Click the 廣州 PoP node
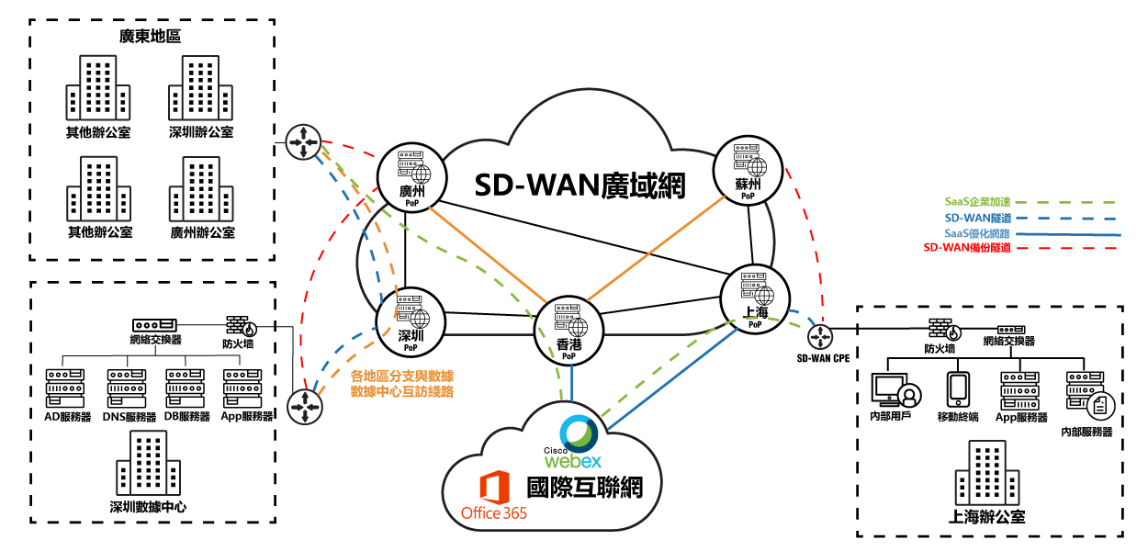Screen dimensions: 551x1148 (411, 178)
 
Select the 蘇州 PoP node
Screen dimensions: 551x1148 (748, 171)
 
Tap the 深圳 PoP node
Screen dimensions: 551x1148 (411, 322)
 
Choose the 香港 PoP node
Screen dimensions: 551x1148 (568, 331)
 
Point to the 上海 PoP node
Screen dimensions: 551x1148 (755, 299)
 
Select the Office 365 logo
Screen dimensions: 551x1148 (494, 497)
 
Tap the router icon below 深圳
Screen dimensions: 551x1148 (305, 406)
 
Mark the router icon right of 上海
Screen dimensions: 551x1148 (819, 336)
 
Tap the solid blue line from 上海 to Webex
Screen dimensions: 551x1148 (671, 379)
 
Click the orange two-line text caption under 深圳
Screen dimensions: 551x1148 (402, 384)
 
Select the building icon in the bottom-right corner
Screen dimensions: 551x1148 (986, 472)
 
